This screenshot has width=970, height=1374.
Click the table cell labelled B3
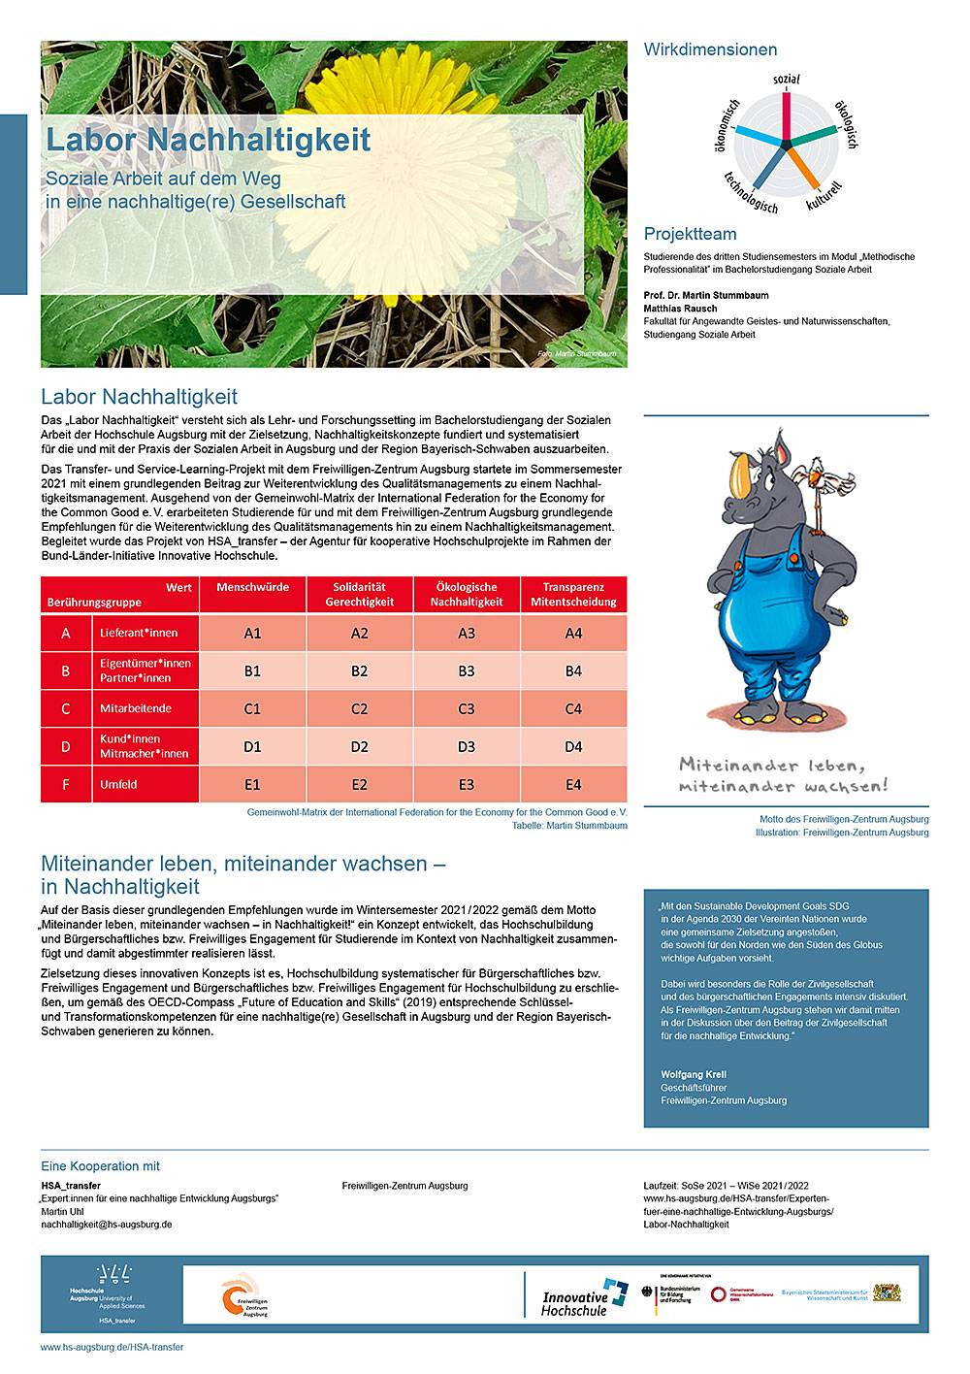467,671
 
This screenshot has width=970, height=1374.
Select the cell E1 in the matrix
252,784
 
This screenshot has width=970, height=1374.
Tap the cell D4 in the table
573,746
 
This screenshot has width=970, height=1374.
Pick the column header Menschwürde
252,588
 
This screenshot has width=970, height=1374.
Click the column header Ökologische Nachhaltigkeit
467,594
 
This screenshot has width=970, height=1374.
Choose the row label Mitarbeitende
136,708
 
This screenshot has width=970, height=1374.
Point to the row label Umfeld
118,784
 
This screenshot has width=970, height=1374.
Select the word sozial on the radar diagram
787,79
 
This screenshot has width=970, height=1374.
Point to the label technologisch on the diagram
750,191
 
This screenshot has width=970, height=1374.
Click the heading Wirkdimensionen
710,49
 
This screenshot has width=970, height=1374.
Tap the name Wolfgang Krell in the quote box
694,1074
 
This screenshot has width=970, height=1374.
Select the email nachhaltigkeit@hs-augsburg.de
107,1225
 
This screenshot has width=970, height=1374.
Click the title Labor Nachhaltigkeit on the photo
209,140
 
